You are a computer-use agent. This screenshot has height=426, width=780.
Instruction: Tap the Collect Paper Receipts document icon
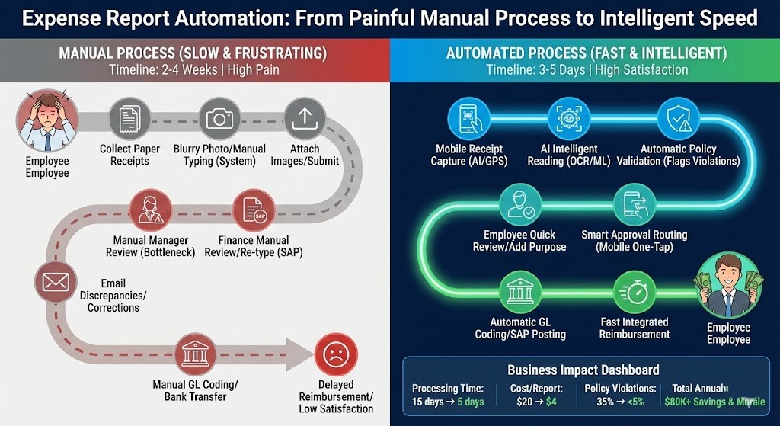130,118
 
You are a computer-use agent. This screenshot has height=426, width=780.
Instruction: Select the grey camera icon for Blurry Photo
219,118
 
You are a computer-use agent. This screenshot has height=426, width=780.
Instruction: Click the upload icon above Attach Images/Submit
305,118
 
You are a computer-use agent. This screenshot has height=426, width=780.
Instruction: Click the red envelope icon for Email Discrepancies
55,283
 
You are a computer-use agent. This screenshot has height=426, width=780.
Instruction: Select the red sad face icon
335,355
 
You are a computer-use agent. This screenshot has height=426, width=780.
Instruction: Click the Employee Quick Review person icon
520,203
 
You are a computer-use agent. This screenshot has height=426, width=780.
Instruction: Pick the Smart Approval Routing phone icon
634,203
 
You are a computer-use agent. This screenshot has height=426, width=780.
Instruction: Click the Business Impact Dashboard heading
583,370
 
